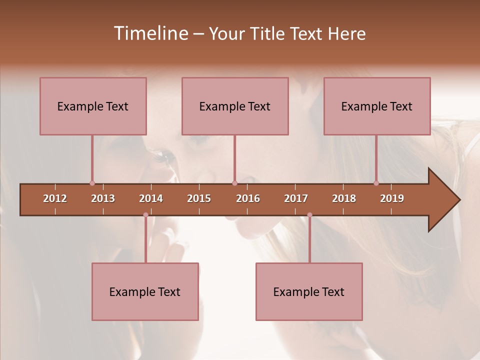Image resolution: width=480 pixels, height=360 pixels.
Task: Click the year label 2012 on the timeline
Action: [55, 198]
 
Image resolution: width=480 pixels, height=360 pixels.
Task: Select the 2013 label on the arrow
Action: [103, 198]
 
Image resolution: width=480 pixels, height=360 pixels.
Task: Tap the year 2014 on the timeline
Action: [151, 198]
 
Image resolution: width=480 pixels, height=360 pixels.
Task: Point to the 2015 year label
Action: [199, 198]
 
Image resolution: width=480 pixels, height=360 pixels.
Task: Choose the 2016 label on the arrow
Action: [248, 198]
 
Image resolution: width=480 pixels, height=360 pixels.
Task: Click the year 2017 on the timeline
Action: [296, 198]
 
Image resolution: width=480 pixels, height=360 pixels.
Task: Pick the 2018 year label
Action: [344, 198]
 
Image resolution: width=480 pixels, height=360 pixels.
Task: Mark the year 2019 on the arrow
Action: [392, 198]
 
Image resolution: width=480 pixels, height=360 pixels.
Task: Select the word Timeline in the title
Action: [150, 33]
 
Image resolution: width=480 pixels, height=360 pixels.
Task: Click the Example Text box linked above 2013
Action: [93, 106]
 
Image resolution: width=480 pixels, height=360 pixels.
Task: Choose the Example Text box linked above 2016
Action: [235, 106]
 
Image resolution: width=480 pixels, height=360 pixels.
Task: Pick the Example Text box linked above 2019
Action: [377, 106]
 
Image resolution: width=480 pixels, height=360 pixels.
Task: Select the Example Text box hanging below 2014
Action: [145, 291]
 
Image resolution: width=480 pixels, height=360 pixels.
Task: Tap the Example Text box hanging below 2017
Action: [309, 291]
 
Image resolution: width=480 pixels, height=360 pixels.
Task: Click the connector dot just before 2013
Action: [92, 183]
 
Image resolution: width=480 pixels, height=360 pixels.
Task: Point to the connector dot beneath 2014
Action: [145, 215]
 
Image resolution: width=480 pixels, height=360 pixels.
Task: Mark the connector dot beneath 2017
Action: [309, 215]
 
